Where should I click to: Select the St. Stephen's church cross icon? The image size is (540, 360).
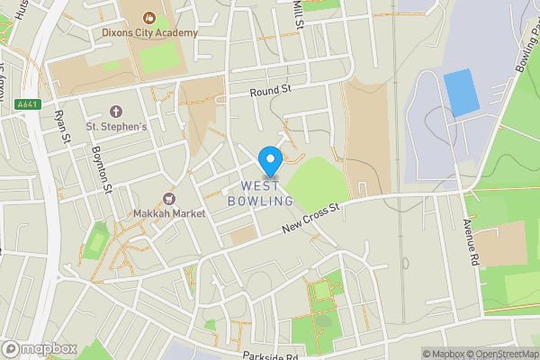(115, 112)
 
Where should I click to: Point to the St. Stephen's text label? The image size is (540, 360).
(115, 127)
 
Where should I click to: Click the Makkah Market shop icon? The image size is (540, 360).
(168, 198)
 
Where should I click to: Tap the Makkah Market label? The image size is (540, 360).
(168, 213)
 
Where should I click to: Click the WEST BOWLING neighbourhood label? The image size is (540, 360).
(267, 193)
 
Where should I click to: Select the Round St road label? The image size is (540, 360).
(271, 90)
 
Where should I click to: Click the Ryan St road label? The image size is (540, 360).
(62, 128)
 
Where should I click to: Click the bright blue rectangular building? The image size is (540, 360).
(462, 93)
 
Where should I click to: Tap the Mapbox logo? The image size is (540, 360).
(39, 348)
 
